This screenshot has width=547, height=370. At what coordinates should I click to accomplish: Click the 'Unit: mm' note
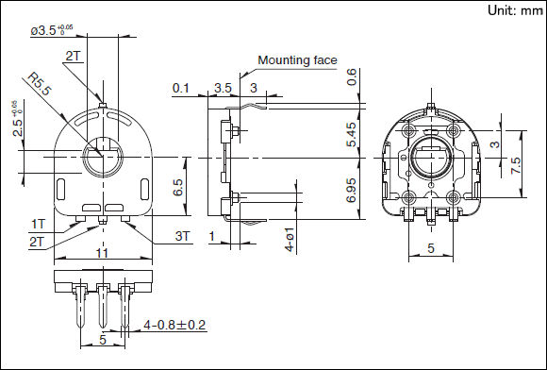pyautogui.click(x=515, y=10)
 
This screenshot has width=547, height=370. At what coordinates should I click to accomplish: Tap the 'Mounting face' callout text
pyautogui.click(x=297, y=60)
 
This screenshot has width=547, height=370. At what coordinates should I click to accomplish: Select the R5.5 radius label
pyautogui.click(x=40, y=84)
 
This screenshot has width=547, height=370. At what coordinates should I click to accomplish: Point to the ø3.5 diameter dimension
pyautogui.click(x=52, y=30)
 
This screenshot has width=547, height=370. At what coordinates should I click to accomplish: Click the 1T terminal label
pyautogui.click(x=38, y=224)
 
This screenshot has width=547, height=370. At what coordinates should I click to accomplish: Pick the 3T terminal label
pyautogui.click(x=182, y=236)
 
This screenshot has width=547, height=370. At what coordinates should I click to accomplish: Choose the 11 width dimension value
pyautogui.click(x=102, y=253)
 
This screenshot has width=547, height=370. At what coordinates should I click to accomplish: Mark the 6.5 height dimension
pyautogui.click(x=178, y=187)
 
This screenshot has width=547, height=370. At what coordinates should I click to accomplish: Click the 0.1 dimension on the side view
pyautogui.click(x=181, y=88)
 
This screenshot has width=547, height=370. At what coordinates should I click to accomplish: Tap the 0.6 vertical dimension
pyautogui.click(x=351, y=77)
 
